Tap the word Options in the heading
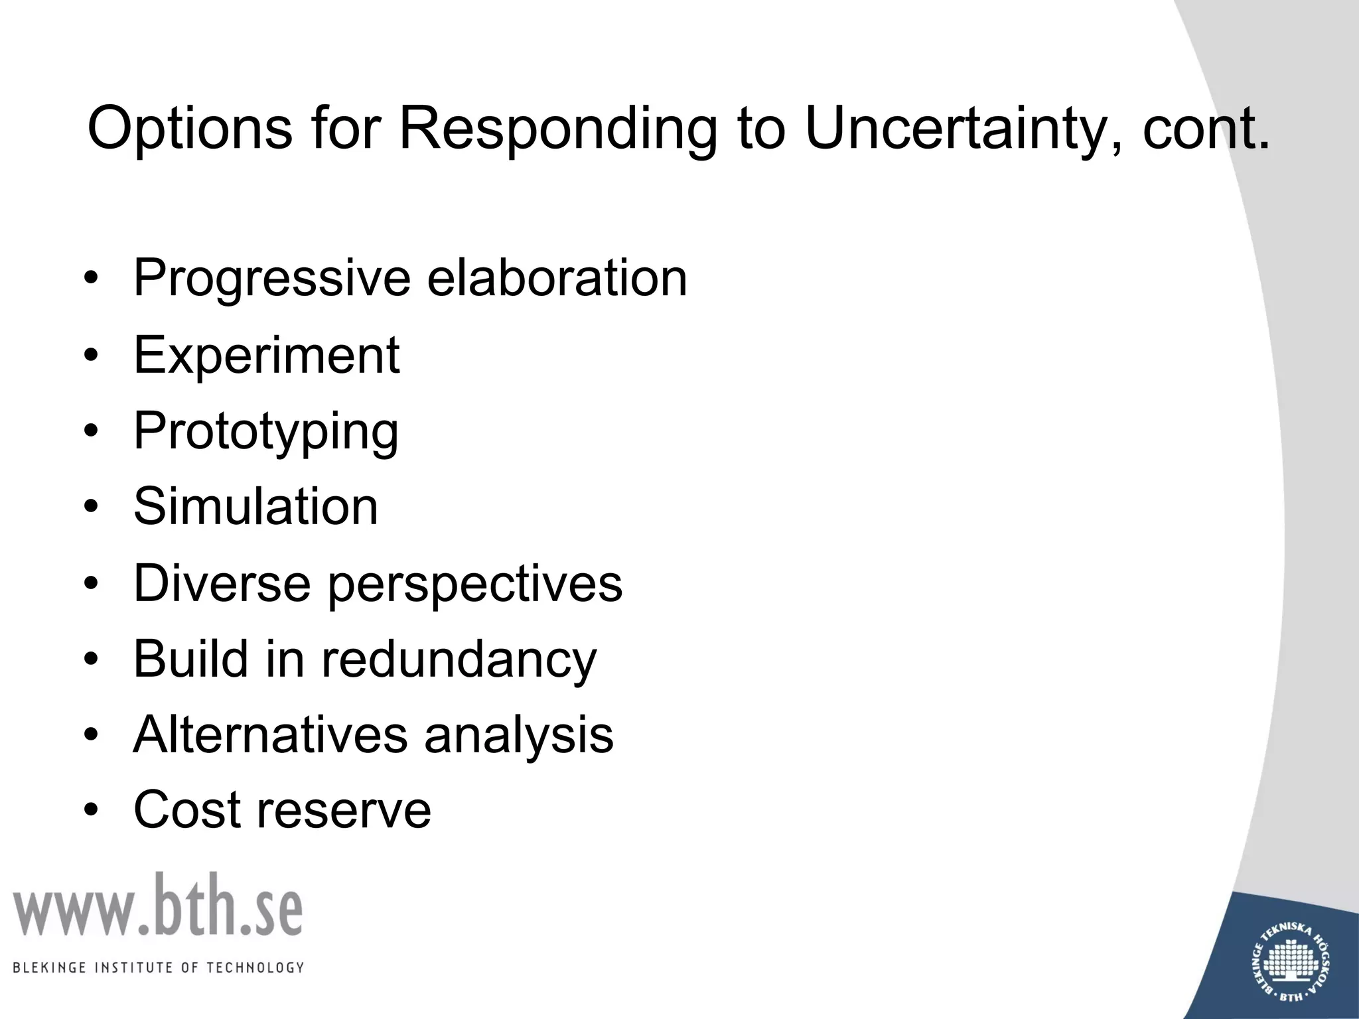[190, 127]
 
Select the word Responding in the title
[557, 127]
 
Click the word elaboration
[557, 277]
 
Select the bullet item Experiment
[266, 356]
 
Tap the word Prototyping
[266, 432]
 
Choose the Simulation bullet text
[255, 507]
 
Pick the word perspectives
[475, 584]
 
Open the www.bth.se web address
[158, 906]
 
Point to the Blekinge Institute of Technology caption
[158, 967]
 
